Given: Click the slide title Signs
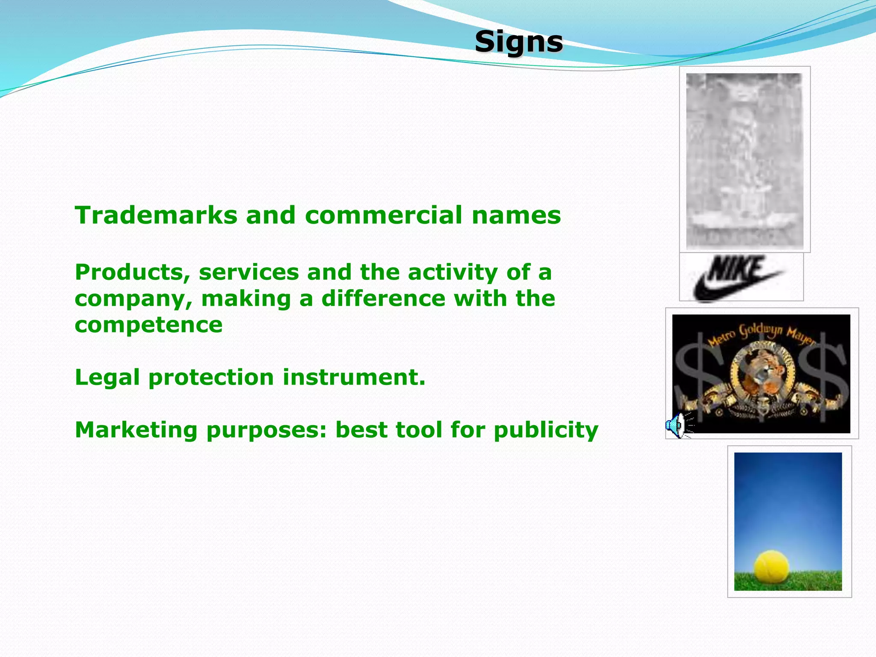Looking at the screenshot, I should point(518,42).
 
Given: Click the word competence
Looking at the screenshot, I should point(148,325).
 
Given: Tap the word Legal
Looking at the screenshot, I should point(107,378).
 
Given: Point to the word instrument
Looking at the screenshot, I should point(354,378).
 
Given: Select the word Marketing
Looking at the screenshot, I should point(136,430).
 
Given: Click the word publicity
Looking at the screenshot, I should point(546,430).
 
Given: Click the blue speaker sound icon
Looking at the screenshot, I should point(675,426).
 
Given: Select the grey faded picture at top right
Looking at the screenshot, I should point(744,160).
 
